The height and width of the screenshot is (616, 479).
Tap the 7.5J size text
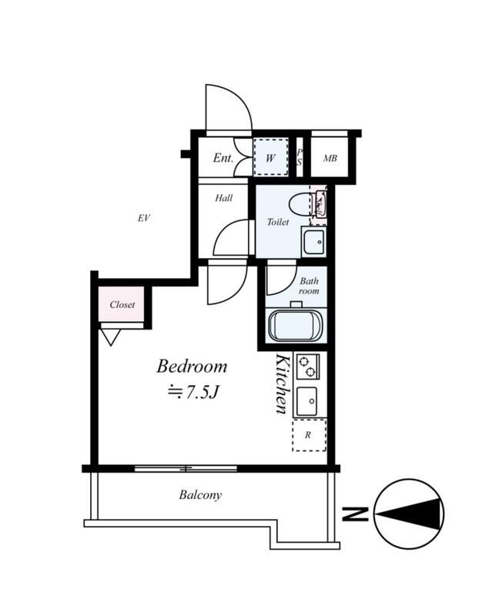point(195,392)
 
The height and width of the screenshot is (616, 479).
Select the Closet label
point(122,304)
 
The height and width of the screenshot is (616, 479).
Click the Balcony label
point(200,495)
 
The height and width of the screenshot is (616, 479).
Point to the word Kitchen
point(282,384)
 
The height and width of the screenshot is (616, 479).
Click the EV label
point(143,218)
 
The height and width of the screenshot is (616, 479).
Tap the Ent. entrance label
point(223,159)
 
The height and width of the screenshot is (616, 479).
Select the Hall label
point(224,198)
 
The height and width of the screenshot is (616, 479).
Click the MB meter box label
point(330,159)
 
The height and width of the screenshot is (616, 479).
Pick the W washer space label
point(270,159)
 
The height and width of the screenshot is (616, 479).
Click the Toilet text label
point(277,223)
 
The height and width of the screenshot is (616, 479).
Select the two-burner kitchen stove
point(307,366)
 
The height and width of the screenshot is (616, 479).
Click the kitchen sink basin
point(308,401)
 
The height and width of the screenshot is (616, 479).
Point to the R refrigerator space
point(308,435)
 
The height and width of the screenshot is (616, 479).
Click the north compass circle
point(409,513)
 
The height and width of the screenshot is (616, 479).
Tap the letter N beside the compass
point(353,514)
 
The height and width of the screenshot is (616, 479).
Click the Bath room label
point(309,286)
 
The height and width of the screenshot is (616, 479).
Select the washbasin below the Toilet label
point(313,243)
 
